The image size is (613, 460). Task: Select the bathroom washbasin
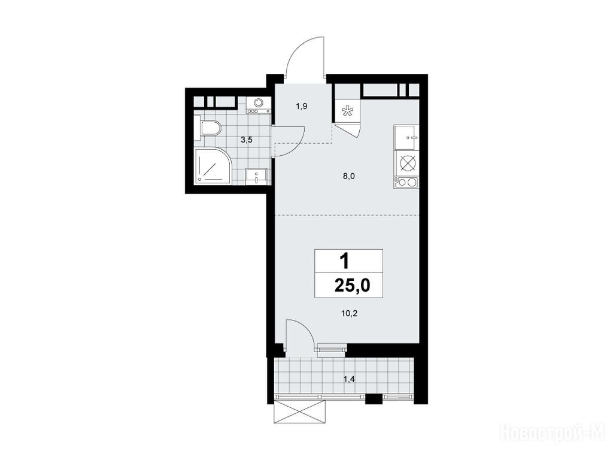point(256,175)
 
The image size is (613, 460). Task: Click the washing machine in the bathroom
point(258,105)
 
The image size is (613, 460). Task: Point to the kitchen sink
point(406,137)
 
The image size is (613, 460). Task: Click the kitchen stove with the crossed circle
point(406,163)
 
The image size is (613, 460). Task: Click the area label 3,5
point(246,140)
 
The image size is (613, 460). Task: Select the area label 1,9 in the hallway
point(301,105)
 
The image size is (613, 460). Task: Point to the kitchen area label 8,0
point(349,176)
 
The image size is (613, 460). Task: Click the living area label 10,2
point(350,313)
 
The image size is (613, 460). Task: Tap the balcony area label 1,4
point(349,378)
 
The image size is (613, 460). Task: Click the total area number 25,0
point(352,286)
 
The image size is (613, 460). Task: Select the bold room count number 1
point(344,261)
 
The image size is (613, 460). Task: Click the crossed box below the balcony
point(301,412)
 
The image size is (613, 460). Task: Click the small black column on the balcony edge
point(374,399)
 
